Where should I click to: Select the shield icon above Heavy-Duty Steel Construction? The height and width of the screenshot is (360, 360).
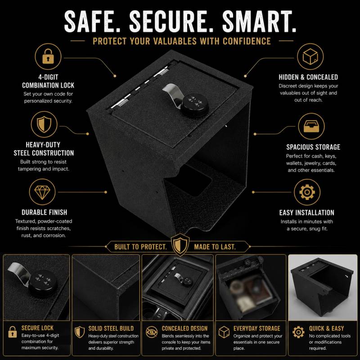tap(44, 124)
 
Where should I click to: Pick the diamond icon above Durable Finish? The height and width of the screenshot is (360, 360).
tap(42, 192)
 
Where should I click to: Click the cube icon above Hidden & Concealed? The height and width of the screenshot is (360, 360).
tap(310, 56)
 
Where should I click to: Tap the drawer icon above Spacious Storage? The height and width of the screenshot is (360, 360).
tap(311, 126)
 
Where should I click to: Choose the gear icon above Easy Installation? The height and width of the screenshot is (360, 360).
tap(307, 192)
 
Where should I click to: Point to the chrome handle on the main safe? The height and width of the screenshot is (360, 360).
tap(172, 94)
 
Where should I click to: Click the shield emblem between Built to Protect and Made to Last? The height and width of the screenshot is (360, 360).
tap(180, 245)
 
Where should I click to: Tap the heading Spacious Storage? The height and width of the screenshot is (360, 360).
tap(313, 147)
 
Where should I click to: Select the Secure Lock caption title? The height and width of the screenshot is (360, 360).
tap(37, 328)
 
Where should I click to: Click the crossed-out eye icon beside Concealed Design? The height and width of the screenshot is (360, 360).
tap(152, 332)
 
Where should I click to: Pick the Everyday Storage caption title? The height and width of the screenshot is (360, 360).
tap(256, 328)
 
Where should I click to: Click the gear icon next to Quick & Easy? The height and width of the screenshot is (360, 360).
tap(298, 332)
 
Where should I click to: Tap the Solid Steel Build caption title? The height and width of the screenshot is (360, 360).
tap(111, 328)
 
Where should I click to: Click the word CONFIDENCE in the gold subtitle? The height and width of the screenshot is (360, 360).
tap(247, 41)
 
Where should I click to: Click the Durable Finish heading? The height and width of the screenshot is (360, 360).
tap(44, 212)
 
